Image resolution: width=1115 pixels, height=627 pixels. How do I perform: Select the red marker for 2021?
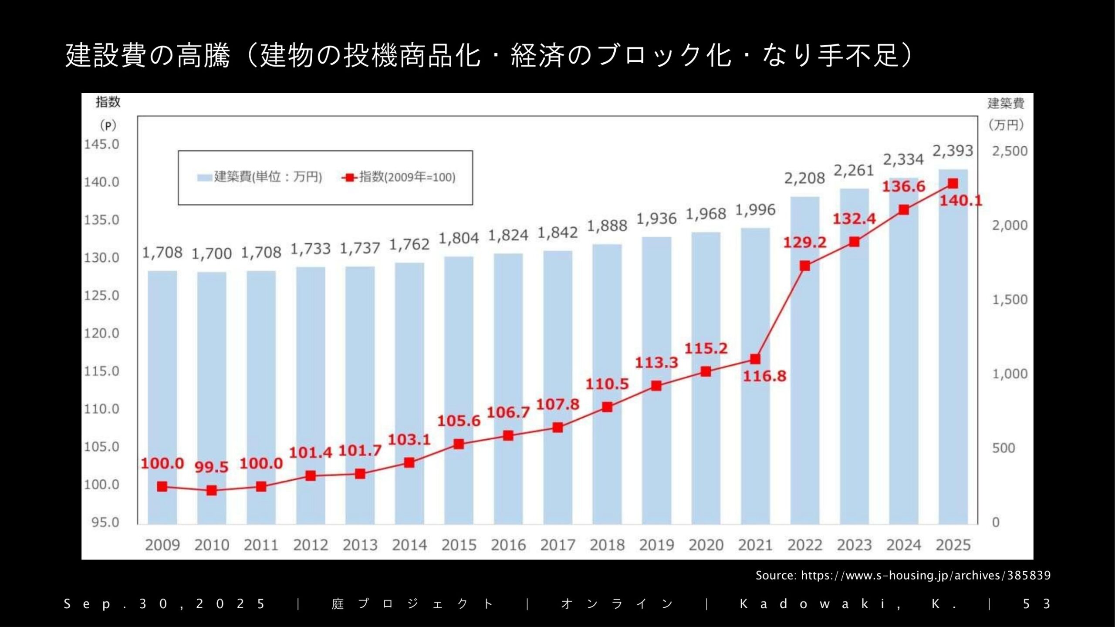(x=755, y=359)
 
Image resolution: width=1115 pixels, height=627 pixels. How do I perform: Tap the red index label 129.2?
(x=804, y=243)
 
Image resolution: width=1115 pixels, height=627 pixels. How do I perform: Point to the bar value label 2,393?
(x=953, y=151)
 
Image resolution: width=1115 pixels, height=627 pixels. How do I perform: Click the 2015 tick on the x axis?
(x=459, y=545)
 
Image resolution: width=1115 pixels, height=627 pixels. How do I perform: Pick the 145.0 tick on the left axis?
(x=101, y=144)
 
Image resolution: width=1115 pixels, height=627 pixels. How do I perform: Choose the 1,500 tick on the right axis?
(x=1010, y=300)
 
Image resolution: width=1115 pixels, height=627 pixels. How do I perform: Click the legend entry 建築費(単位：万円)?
(x=267, y=177)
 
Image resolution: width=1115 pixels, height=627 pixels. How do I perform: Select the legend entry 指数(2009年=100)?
(x=407, y=177)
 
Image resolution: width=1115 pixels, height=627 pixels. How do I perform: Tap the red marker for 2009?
(x=162, y=487)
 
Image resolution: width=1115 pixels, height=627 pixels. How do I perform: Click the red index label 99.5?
(x=211, y=467)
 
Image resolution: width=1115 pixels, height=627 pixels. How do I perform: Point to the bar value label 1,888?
(x=607, y=226)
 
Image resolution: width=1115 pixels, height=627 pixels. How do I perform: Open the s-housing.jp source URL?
(x=926, y=575)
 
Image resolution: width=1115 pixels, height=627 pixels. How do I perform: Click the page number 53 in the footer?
(x=1037, y=604)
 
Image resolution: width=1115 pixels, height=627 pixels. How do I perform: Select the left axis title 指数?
(x=108, y=102)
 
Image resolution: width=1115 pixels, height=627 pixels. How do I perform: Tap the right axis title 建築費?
(x=1006, y=103)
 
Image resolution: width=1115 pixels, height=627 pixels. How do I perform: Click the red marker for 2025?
(x=953, y=184)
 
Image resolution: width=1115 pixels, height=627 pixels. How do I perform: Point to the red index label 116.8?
(x=764, y=376)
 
